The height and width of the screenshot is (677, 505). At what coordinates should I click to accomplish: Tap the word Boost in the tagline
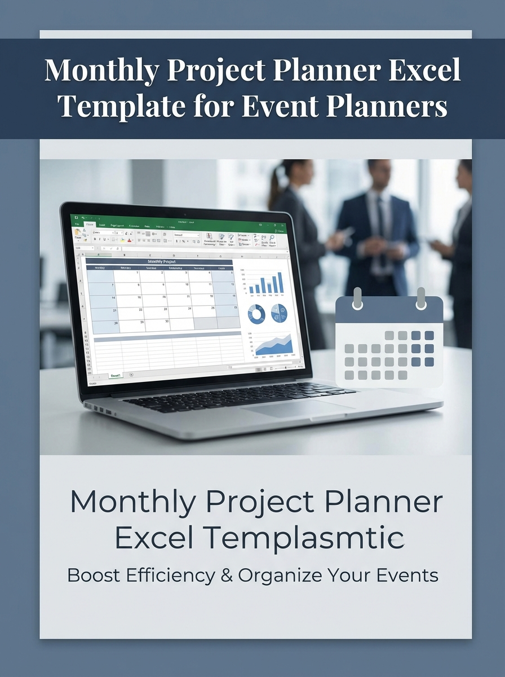pos(90,575)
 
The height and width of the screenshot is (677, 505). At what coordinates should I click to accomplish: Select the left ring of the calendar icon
pos(356,298)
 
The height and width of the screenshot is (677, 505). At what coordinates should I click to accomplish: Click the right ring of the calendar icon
pos(421,298)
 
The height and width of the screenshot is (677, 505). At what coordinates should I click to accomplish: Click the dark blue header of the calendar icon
pos(389,311)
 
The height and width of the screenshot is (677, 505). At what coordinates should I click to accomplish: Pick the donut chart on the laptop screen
pos(256,314)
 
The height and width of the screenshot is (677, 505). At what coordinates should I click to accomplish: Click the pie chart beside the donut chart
pos(279,313)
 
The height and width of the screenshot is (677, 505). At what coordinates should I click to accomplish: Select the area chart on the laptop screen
pos(274,345)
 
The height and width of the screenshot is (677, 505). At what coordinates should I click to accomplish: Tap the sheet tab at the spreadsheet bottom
pos(116,375)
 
